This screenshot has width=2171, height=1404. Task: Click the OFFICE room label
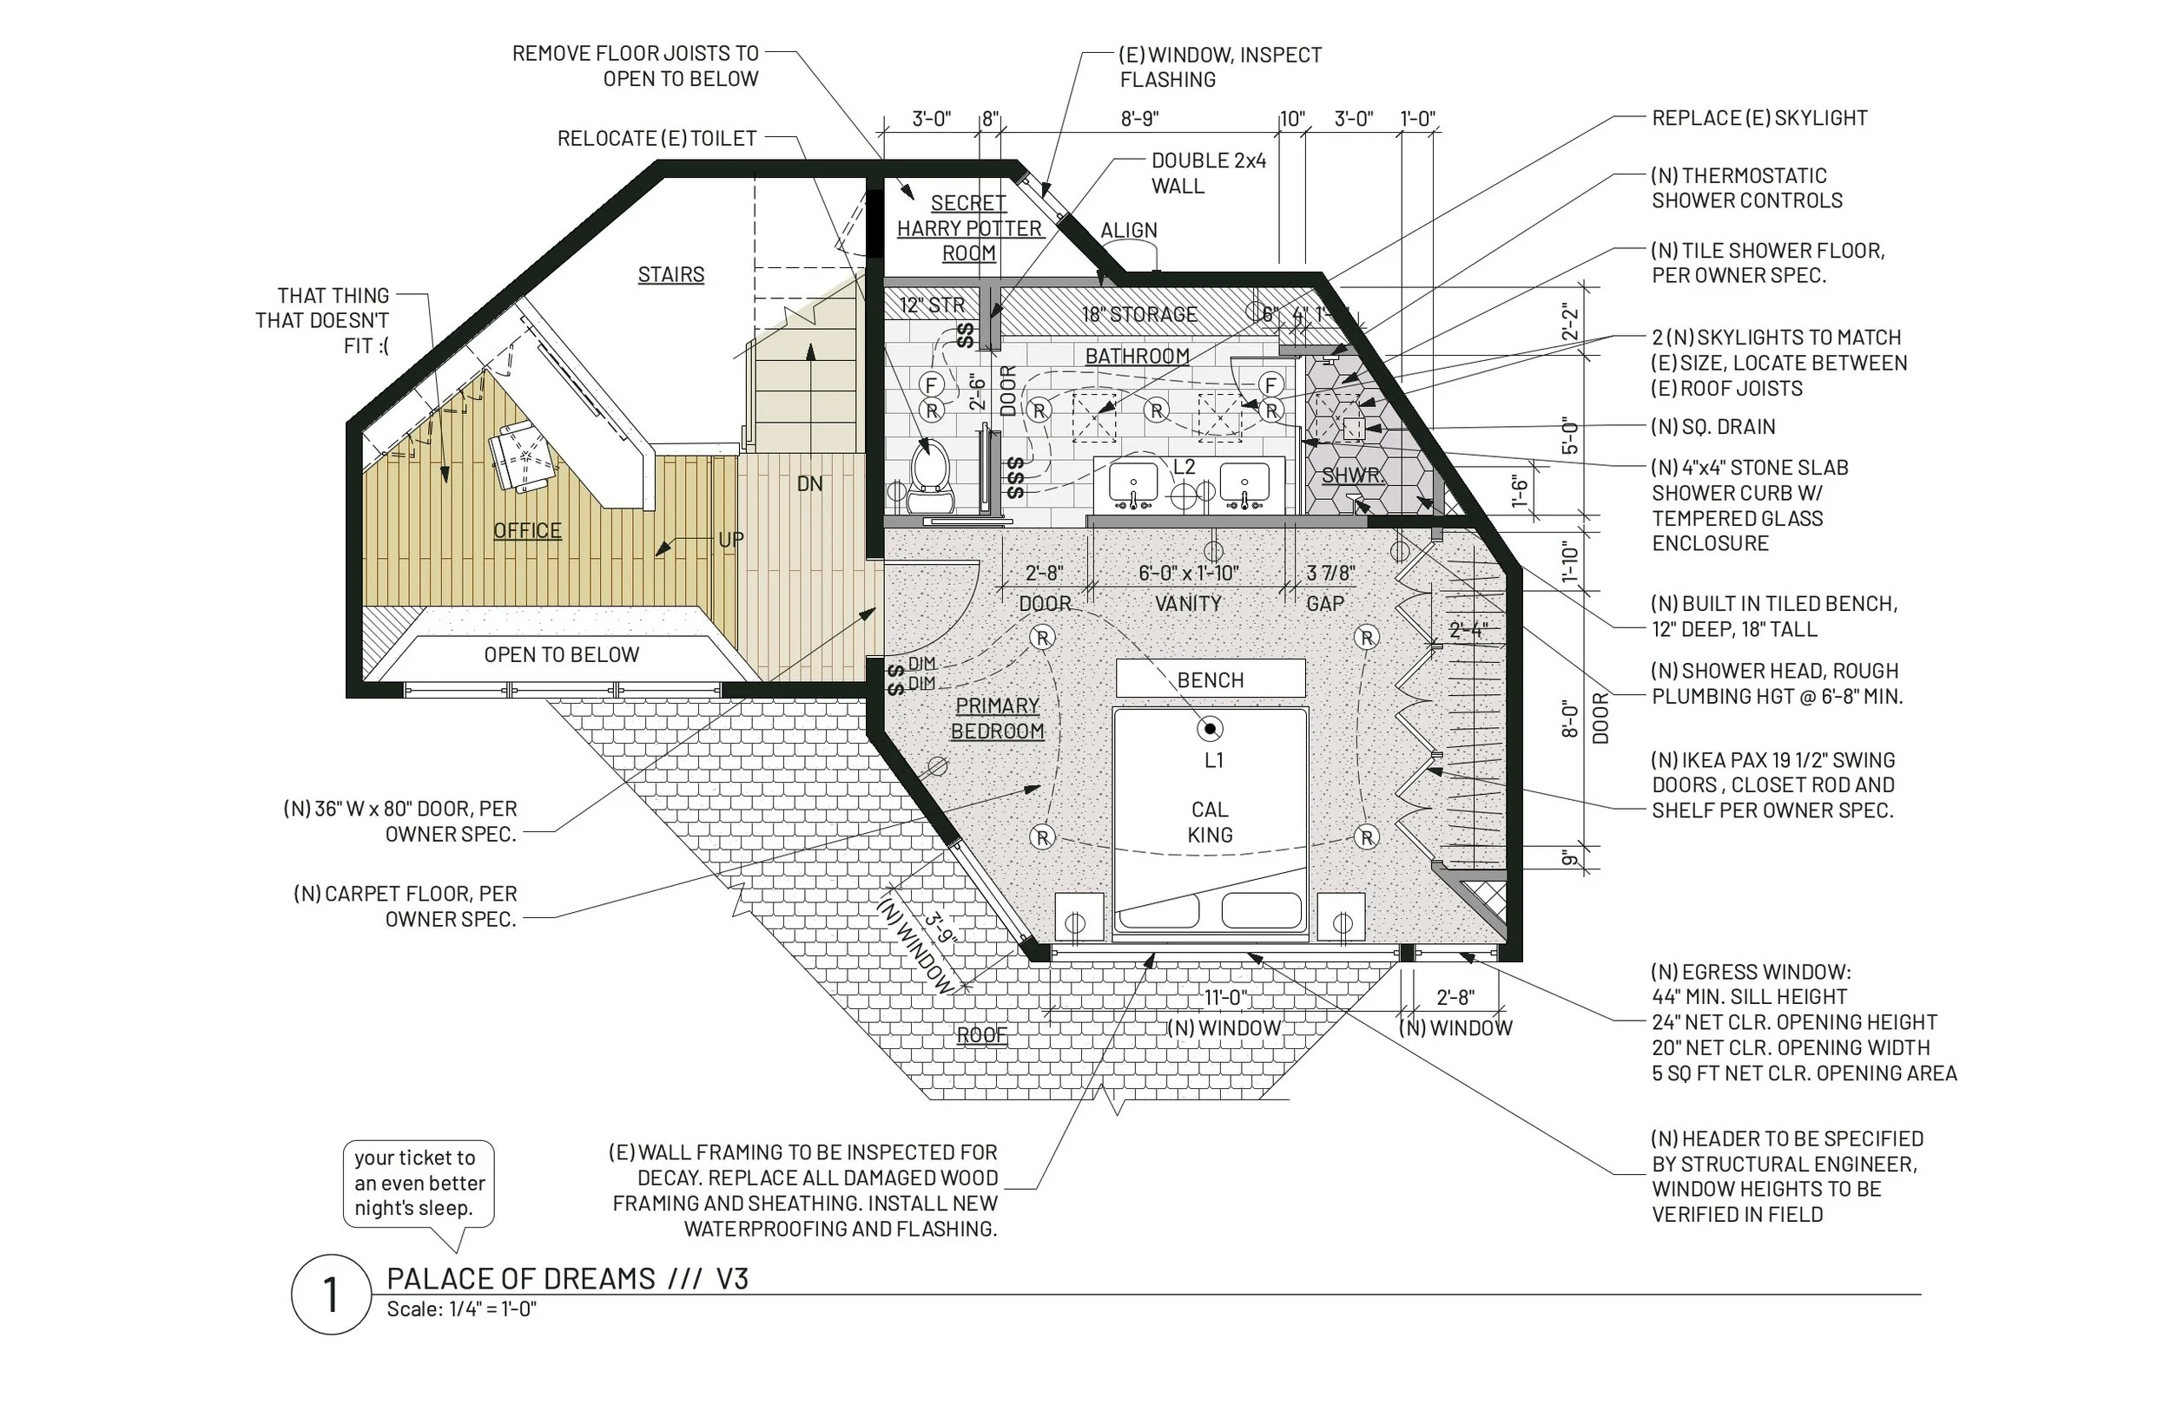527,530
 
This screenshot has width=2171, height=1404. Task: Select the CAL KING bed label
1210,822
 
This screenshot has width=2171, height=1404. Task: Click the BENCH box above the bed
1211,679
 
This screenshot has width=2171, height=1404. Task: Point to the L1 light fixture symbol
1211,728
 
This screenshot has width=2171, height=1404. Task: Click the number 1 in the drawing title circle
330,1295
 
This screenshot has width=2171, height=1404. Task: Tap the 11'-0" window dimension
1226,997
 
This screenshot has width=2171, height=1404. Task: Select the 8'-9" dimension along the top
1139,119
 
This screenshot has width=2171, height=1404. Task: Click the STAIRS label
671,274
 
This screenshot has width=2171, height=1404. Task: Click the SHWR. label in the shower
1353,475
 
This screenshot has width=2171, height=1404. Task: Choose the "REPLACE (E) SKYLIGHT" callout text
1759,118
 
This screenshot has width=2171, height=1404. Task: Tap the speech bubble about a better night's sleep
419,1184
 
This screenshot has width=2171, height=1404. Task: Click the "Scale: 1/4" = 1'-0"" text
462,1309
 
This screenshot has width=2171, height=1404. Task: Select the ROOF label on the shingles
981,1034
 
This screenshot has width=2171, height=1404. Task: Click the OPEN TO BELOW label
561,654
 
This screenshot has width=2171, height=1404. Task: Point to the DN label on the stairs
809,483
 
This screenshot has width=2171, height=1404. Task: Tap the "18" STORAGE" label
1139,314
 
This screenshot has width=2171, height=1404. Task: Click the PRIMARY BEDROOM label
997,718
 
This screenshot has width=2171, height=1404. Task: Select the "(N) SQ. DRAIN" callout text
1713,427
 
